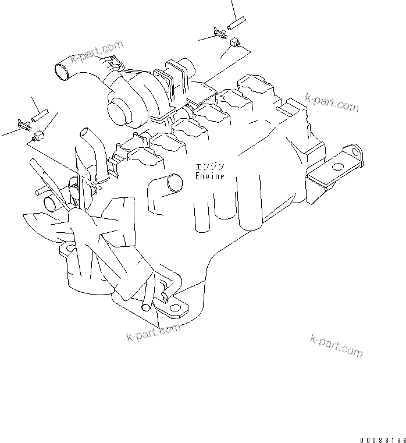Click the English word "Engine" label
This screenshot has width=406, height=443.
tap(209, 176)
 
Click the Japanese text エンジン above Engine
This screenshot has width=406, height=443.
tap(209, 166)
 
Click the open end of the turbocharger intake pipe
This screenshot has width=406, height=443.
tap(60, 72)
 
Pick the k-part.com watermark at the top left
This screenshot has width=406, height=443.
tap(97, 51)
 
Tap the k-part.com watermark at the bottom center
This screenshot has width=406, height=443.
tap(153, 334)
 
